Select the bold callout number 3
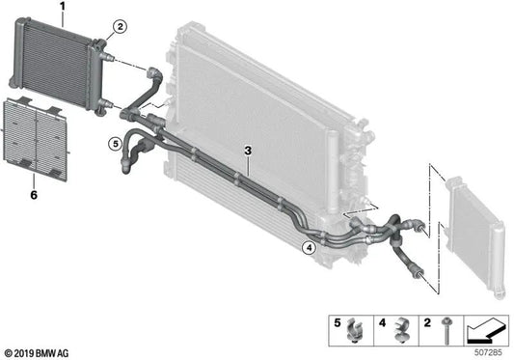tap(248, 151)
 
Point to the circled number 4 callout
tap(309, 247)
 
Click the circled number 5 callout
tap(115, 145)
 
